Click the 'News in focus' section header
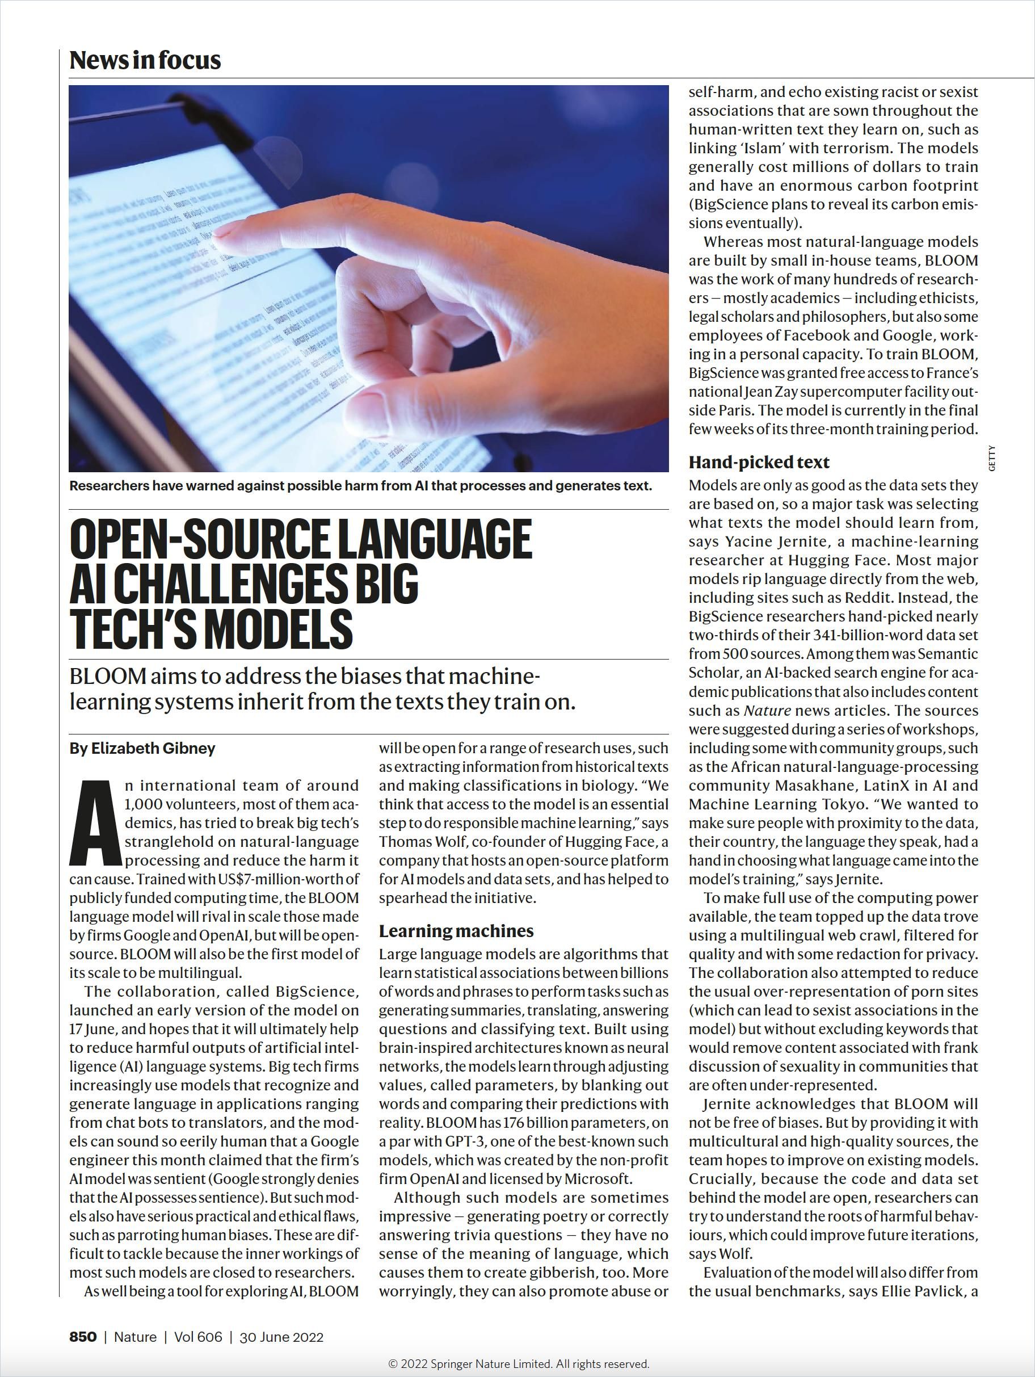click(x=145, y=60)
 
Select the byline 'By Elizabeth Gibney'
click(x=142, y=748)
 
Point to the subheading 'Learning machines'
click(x=456, y=931)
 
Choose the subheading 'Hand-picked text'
click(x=759, y=462)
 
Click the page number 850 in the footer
click(x=83, y=1337)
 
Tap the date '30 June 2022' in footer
click(x=281, y=1337)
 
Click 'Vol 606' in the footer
click(x=198, y=1337)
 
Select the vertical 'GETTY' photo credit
click(x=992, y=458)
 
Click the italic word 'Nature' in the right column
click(x=767, y=710)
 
